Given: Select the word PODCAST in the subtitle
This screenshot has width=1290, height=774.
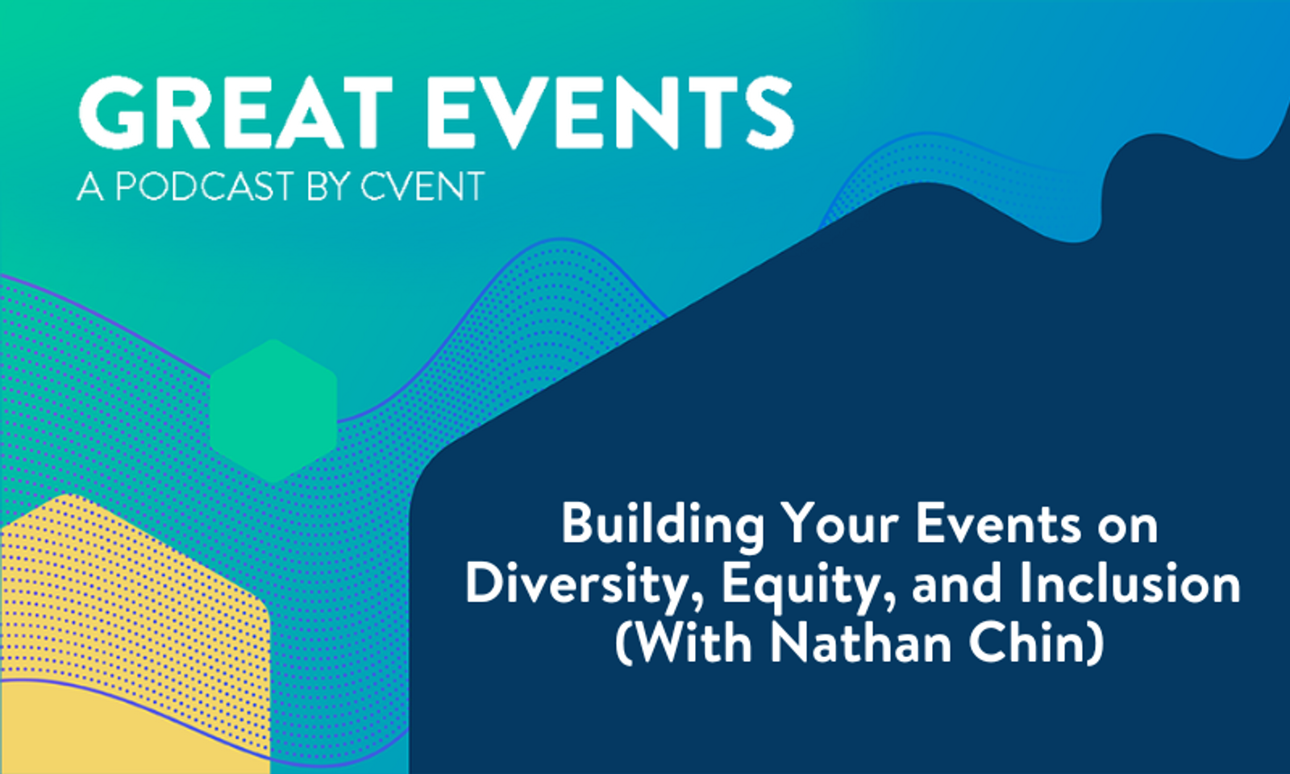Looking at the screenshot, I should tap(205, 187).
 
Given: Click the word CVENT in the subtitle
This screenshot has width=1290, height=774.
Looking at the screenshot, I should tap(422, 187).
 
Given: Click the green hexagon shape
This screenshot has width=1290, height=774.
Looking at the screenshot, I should tap(273, 411).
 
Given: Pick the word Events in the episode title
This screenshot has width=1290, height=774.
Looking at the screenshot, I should tap(998, 524).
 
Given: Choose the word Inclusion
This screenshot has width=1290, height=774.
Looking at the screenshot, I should tap(1130, 584).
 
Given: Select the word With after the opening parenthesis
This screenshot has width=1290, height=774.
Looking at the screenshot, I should tap(693, 643).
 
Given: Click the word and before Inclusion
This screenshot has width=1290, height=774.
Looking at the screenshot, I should tap(957, 584).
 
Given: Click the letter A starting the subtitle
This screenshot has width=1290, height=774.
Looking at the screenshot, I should tap(90, 187).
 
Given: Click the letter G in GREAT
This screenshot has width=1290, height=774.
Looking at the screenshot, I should tap(111, 113).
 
